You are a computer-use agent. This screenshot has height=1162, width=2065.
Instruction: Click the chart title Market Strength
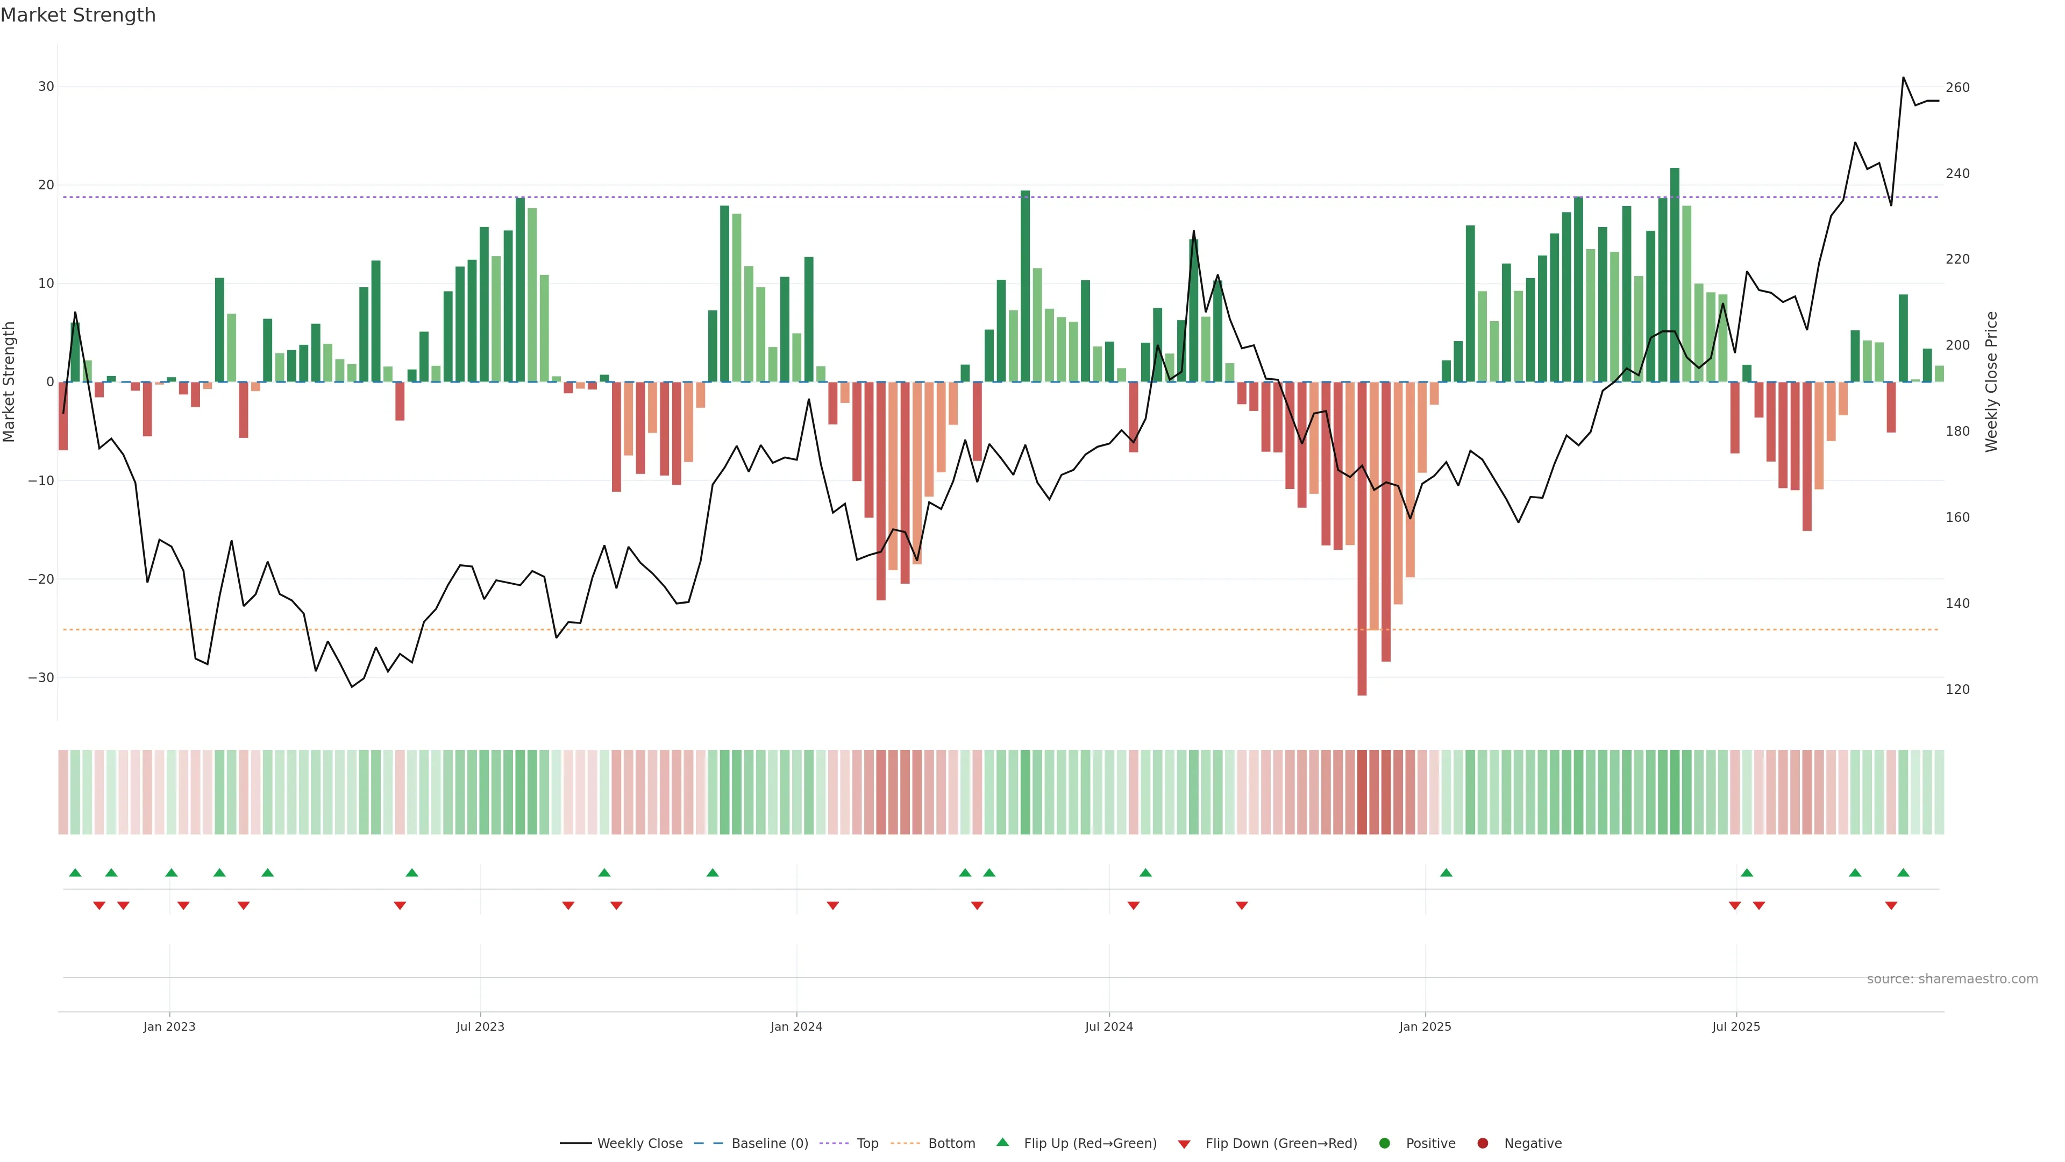coord(78,15)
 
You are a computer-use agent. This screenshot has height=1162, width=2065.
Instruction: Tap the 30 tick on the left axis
coord(46,87)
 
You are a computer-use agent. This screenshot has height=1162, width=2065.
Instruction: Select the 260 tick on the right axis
coord(1957,87)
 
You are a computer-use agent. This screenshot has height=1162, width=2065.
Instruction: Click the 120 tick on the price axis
coord(1957,690)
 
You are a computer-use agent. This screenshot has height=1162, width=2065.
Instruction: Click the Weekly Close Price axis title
coord(1991,382)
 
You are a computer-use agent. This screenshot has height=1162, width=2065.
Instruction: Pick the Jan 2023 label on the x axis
coord(169,1026)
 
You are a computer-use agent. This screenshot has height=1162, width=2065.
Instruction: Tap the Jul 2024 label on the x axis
coord(1109,1026)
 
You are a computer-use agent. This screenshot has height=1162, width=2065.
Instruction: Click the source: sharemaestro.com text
coord(1952,979)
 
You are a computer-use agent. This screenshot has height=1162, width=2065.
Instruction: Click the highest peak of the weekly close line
coord(1903,78)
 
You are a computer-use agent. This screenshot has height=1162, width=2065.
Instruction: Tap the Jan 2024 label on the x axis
coord(796,1026)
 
